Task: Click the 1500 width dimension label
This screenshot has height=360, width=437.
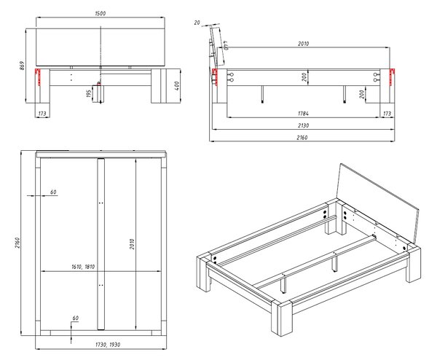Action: pyautogui.click(x=101, y=13)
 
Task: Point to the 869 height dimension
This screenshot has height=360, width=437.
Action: pyautogui.click(x=23, y=66)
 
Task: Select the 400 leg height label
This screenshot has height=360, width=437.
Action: pyautogui.click(x=177, y=85)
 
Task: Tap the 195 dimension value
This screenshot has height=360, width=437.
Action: pyautogui.click(x=89, y=94)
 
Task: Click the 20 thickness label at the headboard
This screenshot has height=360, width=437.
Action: pyautogui.click(x=197, y=23)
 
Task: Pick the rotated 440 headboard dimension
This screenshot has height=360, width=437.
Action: pyautogui.click(x=226, y=45)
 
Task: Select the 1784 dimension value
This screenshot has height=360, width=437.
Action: pyautogui.click(x=303, y=114)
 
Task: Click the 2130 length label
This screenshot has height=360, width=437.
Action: pyautogui.click(x=303, y=125)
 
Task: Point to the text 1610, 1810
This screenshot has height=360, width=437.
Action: pyautogui.click(x=83, y=267)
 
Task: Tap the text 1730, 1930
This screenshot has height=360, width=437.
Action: pyautogui.click(x=108, y=345)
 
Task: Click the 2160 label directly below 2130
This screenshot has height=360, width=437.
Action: pyautogui.click(x=302, y=138)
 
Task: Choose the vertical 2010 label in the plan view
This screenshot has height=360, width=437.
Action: pyautogui.click(x=132, y=244)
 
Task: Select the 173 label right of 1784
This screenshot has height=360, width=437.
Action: pyautogui.click(x=387, y=114)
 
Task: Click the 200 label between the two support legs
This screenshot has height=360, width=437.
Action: pyautogui.click(x=304, y=77)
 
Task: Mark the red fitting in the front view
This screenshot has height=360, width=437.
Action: pyautogui.click(x=38, y=77)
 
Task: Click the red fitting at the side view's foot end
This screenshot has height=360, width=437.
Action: pyautogui.click(x=393, y=77)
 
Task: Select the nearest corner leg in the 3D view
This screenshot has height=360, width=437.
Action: pyautogui.click(x=281, y=318)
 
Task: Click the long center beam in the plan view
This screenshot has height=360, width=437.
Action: pyautogui.click(x=101, y=244)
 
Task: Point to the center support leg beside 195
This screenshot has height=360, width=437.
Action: pyautogui.click(x=98, y=94)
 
